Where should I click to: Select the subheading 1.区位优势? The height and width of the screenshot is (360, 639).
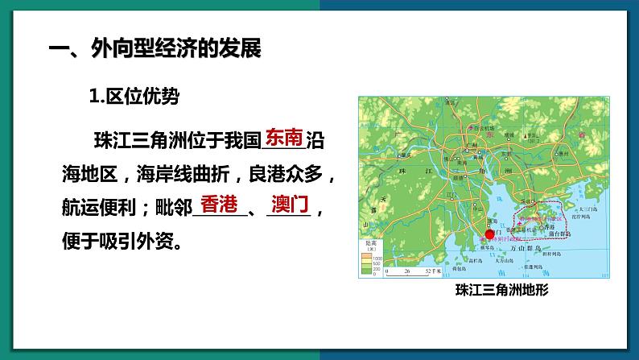pos(134,96)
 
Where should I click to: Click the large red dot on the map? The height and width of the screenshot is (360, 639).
pos(489,234)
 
